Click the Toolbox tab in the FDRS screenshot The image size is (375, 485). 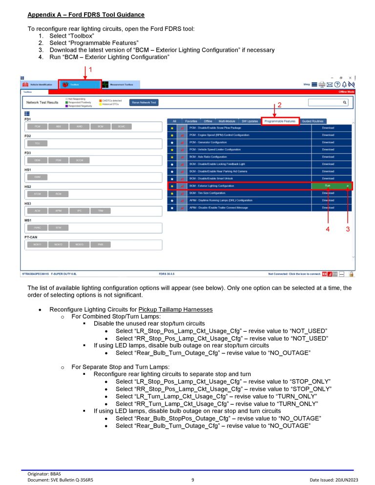click(80, 84)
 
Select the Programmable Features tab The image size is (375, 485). click(280, 121)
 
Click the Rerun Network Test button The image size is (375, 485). click(144, 102)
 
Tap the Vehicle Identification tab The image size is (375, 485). click(39, 84)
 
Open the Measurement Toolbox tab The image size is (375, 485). click(120, 84)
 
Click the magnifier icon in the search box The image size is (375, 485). click(344, 102)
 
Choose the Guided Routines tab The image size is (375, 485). click(312, 121)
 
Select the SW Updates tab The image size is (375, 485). click(249, 121)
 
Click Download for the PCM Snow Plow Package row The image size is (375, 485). click(328, 127)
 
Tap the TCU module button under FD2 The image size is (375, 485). click(38, 143)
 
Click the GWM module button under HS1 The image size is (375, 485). click(38, 177)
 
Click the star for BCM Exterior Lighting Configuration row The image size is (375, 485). click(171, 186)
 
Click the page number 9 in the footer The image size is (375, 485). click(193, 480)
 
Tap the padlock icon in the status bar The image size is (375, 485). click(351, 274)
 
